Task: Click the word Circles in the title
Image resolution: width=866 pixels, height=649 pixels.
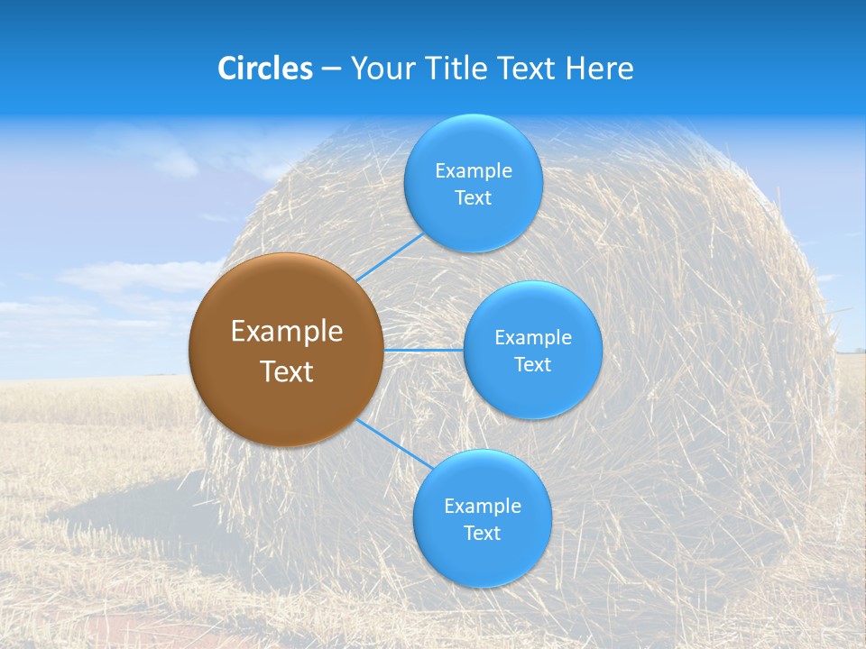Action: click(265, 69)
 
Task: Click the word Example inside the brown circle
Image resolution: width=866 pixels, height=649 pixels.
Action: click(287, 332)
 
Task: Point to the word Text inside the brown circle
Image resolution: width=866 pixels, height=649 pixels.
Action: click(287, 371)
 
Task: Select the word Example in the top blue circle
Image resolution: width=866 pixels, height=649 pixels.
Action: click(474, 171)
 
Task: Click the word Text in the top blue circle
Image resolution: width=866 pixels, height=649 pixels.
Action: click(473, 198)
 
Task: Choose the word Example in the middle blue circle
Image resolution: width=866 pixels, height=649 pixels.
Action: click(533, 338)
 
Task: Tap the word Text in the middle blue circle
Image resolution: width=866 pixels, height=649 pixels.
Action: click(532, 365)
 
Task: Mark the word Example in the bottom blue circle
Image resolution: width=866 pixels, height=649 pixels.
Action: click(483, 507)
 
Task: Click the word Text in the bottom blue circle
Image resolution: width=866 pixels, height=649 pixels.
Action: click(482, 534)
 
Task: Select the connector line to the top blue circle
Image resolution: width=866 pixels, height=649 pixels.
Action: click(390, 258)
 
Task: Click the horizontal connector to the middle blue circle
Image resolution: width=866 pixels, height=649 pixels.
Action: click(424, 350)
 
